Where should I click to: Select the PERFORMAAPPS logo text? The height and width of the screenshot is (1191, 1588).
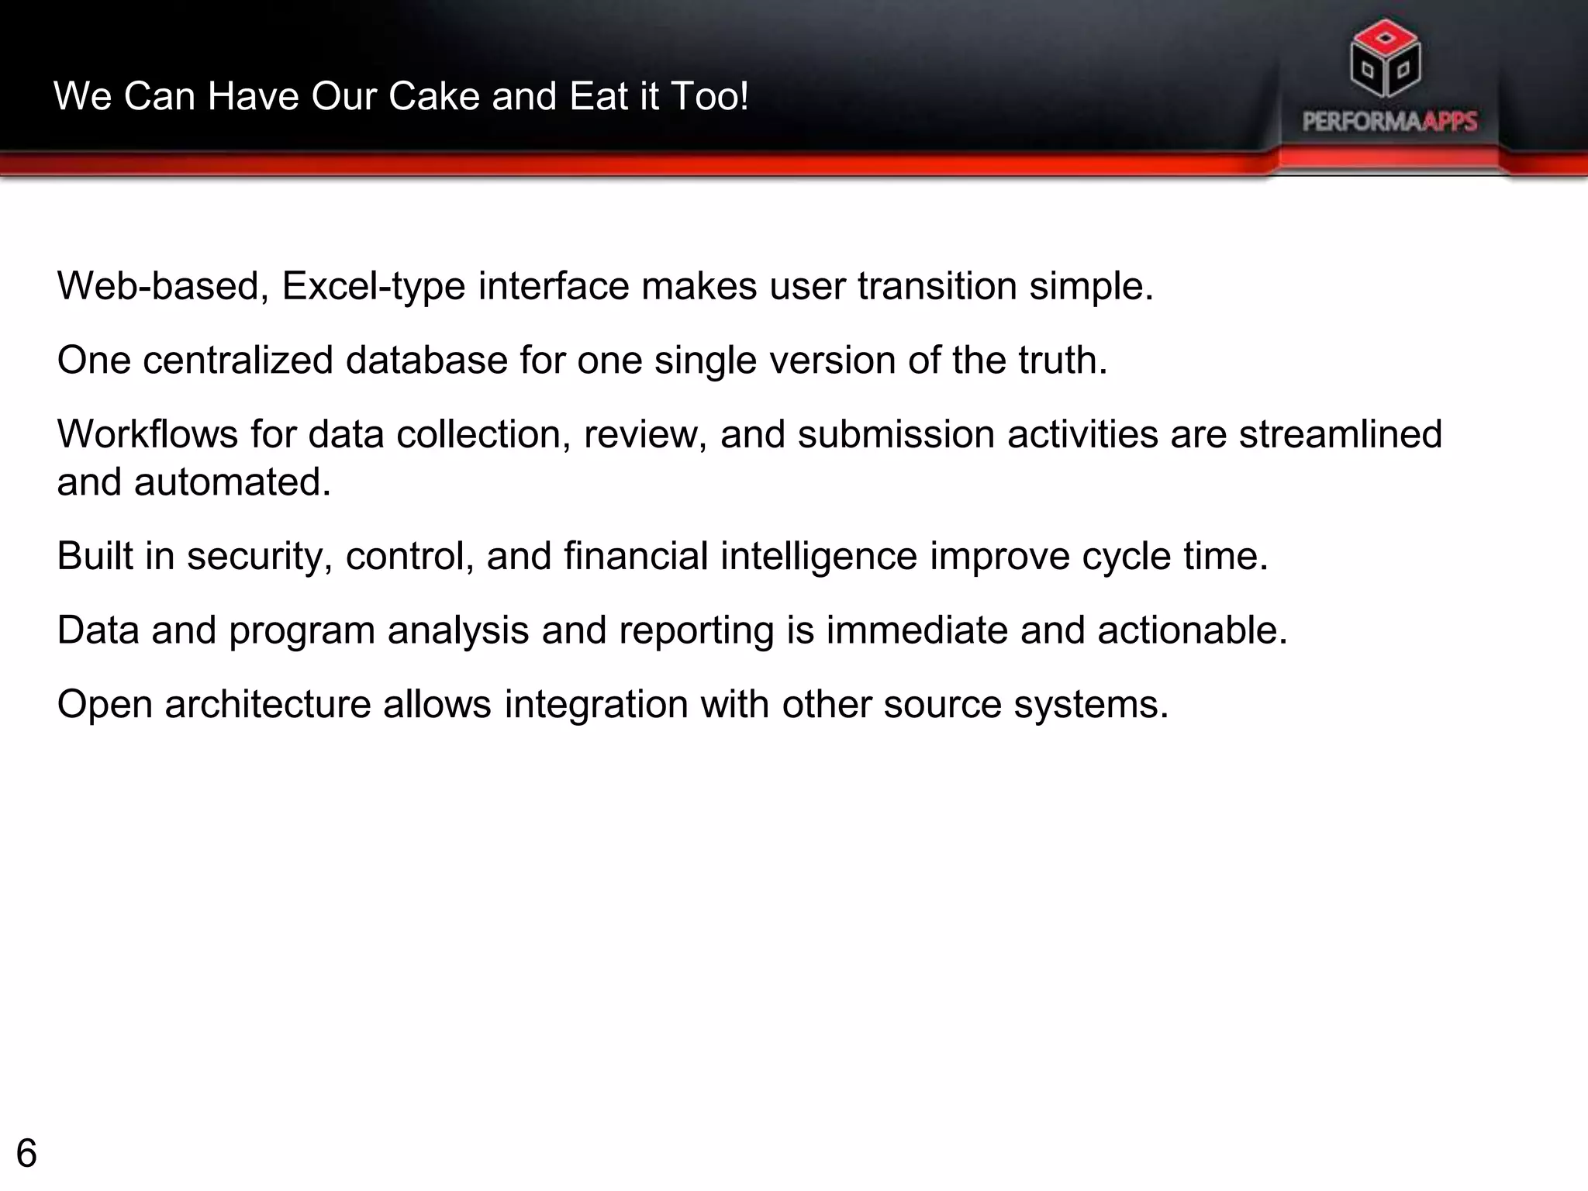point(1389,122)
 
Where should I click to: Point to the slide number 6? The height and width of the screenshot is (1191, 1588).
point(26,1154)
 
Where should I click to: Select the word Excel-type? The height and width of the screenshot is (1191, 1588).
point(373,287)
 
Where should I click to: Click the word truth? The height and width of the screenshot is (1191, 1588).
point(1062,361)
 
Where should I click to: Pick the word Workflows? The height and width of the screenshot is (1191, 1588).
point(147,434)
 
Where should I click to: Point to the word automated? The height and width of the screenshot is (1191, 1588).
point(233,482)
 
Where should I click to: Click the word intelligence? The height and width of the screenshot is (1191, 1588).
point(819,557)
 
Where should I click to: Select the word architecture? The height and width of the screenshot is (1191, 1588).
point(268,705)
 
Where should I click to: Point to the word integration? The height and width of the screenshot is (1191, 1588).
point(595,705)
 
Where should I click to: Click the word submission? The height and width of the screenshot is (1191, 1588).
point(896,434)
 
